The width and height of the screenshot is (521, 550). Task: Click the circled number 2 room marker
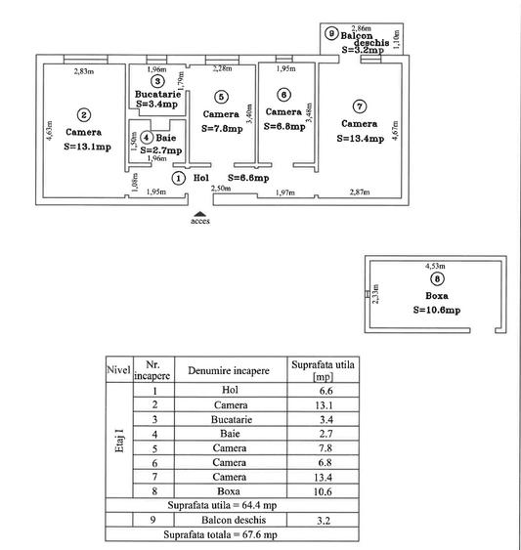coord(83,115)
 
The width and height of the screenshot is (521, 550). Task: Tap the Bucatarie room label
coord(158,94)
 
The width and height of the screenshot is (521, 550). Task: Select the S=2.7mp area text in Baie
coord(161,150)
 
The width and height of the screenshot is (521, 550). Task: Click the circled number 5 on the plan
coord(221,97)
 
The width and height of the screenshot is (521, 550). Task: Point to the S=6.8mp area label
coord(284,126)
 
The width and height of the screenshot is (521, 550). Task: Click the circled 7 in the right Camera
coord(359,106)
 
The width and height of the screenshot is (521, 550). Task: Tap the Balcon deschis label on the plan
coord(366,39)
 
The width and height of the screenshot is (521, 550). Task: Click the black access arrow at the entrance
coord(199,214)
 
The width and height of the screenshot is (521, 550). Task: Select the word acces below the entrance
coord(200,221)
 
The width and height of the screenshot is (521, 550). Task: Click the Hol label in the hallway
coord(201,178)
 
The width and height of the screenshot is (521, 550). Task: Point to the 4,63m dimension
coord(50,131)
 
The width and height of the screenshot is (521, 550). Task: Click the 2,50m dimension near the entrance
coord(221,189)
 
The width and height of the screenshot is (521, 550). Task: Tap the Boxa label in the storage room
coord(437,296)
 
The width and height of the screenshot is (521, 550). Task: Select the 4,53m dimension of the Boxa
coord(435,266)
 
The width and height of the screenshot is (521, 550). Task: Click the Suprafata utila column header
coord(323,370)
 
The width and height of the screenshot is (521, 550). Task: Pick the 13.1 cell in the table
coord(324,405)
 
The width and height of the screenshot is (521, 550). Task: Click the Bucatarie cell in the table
coord(232,419)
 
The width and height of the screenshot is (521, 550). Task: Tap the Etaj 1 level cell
coord(119,441)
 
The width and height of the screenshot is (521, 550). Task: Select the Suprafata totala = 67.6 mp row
coord(220,534)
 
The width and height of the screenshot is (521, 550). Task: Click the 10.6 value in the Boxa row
coord(323,491)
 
